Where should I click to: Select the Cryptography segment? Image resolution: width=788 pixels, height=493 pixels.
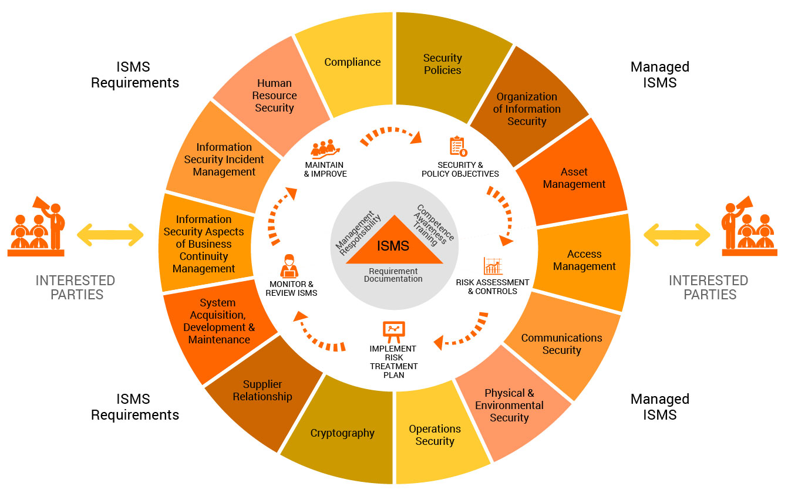(342, 433)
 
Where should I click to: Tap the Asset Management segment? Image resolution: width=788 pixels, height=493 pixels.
(574, 178)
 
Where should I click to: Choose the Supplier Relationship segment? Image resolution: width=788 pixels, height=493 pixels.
(262, 390)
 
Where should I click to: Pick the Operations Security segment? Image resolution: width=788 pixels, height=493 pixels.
(435, 435)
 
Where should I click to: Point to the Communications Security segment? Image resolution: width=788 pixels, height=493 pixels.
(561, 344)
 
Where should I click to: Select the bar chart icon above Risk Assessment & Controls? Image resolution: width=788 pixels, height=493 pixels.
(493, 266)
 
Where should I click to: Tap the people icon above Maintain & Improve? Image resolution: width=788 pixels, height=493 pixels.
(326, 149)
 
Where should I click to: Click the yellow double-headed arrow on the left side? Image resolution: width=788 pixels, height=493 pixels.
(110, 235)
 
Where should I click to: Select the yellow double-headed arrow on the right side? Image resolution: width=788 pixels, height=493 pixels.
(676, 235)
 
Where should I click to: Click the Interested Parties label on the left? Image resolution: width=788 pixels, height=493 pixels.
(75, 287)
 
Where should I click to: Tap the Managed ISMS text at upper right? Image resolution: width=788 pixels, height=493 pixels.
(659, 75)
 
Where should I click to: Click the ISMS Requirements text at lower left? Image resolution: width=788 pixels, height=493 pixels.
(134, 407)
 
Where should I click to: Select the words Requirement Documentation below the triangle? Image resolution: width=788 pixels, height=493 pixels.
(393, 275)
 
